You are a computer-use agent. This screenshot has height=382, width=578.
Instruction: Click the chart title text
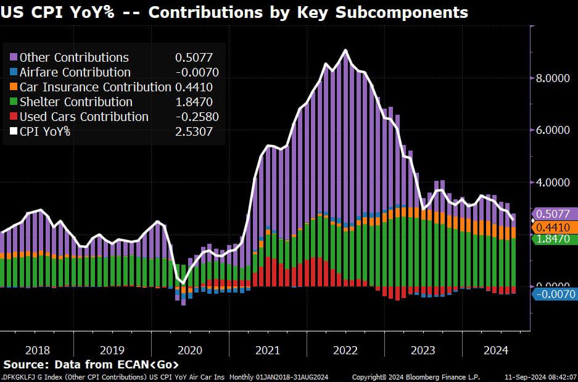pyautogui.click(x=234, y=12)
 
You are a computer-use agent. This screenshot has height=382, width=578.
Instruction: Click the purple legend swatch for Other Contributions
pyautogui.click(x=14, y=57)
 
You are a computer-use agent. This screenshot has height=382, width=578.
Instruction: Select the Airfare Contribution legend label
pyautogui.click(x=75, y=72)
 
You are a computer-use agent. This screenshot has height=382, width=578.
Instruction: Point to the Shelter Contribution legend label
pyautogui.click(x=76, y=102)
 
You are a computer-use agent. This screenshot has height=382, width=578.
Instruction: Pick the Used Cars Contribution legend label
pyautogui.click(x=84, y=117)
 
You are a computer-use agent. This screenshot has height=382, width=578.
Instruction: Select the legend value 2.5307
pyautogui.click(x=197, y=131)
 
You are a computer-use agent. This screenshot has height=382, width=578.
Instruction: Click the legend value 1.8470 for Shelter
pyautogui.click(x=197, y=102)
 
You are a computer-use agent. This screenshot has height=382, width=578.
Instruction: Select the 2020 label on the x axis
pyautogui.click(x=190, y=350)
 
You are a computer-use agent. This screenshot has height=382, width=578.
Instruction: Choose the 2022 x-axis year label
pyautogui.click(x=345, y=350)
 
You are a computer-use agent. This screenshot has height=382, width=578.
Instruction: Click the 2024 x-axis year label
pyautogui.click(x=496, y=350)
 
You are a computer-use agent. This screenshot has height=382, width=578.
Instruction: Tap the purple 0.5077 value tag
pyautogui.click(x=555, y=214)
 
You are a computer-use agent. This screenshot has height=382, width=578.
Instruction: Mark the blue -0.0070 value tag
pyautogui.click(x=555, y=294)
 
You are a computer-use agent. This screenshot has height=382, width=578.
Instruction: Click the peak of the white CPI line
pyautogui.click(x=345, y=51)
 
